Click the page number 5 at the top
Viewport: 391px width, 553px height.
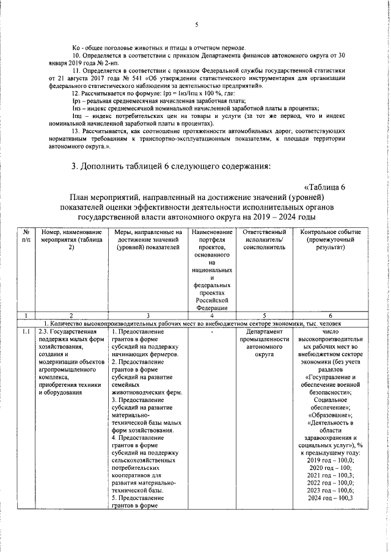(x=197, y=24)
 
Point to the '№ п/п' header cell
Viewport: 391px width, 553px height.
(x=26, y=236)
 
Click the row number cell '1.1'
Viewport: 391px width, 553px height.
(x=26, y=331)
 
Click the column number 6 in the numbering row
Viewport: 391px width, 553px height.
(x=330, y=315)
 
